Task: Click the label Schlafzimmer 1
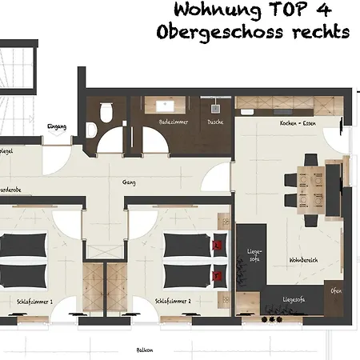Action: (x=34, y=302)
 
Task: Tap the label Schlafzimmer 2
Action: (x=172, y=302)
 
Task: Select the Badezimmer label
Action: (x=173, y=122)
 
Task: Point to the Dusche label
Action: (x=215, y=122)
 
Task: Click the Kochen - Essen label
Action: (x=298, y=122)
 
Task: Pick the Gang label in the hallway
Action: (x=128, y=182)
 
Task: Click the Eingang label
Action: (x=57, y=126)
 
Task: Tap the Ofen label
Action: (x=336, y=291)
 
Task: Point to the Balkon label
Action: (x=145, y=350)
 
